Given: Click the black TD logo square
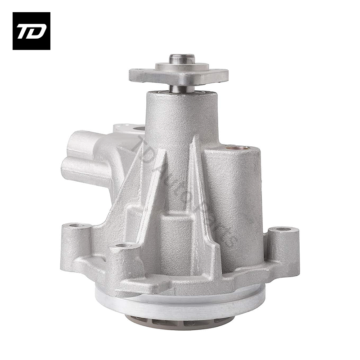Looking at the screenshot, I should (x=31, y=31).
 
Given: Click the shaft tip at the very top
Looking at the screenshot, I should (x=182, y=58).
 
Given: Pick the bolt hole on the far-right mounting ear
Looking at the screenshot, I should (x=283, y=229).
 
